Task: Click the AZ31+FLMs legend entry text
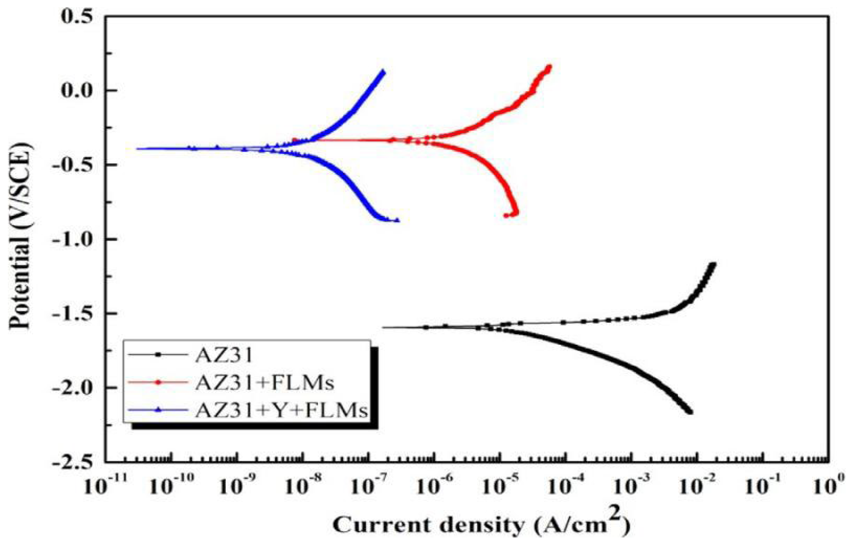[264, 383]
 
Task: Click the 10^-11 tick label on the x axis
[103, 487]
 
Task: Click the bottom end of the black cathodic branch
[690, 412]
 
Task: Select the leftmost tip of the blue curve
[137, 149]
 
